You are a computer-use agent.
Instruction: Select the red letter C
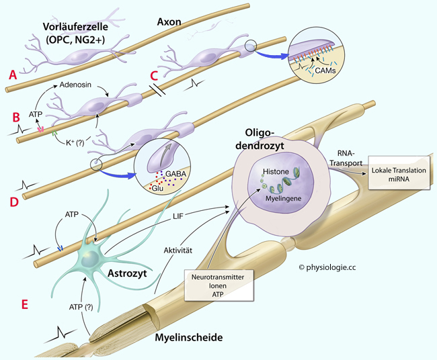click(x=153, y=76)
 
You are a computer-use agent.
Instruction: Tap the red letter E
click(x=25, y=304)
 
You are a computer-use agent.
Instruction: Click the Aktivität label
click(x=178, y=251)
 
